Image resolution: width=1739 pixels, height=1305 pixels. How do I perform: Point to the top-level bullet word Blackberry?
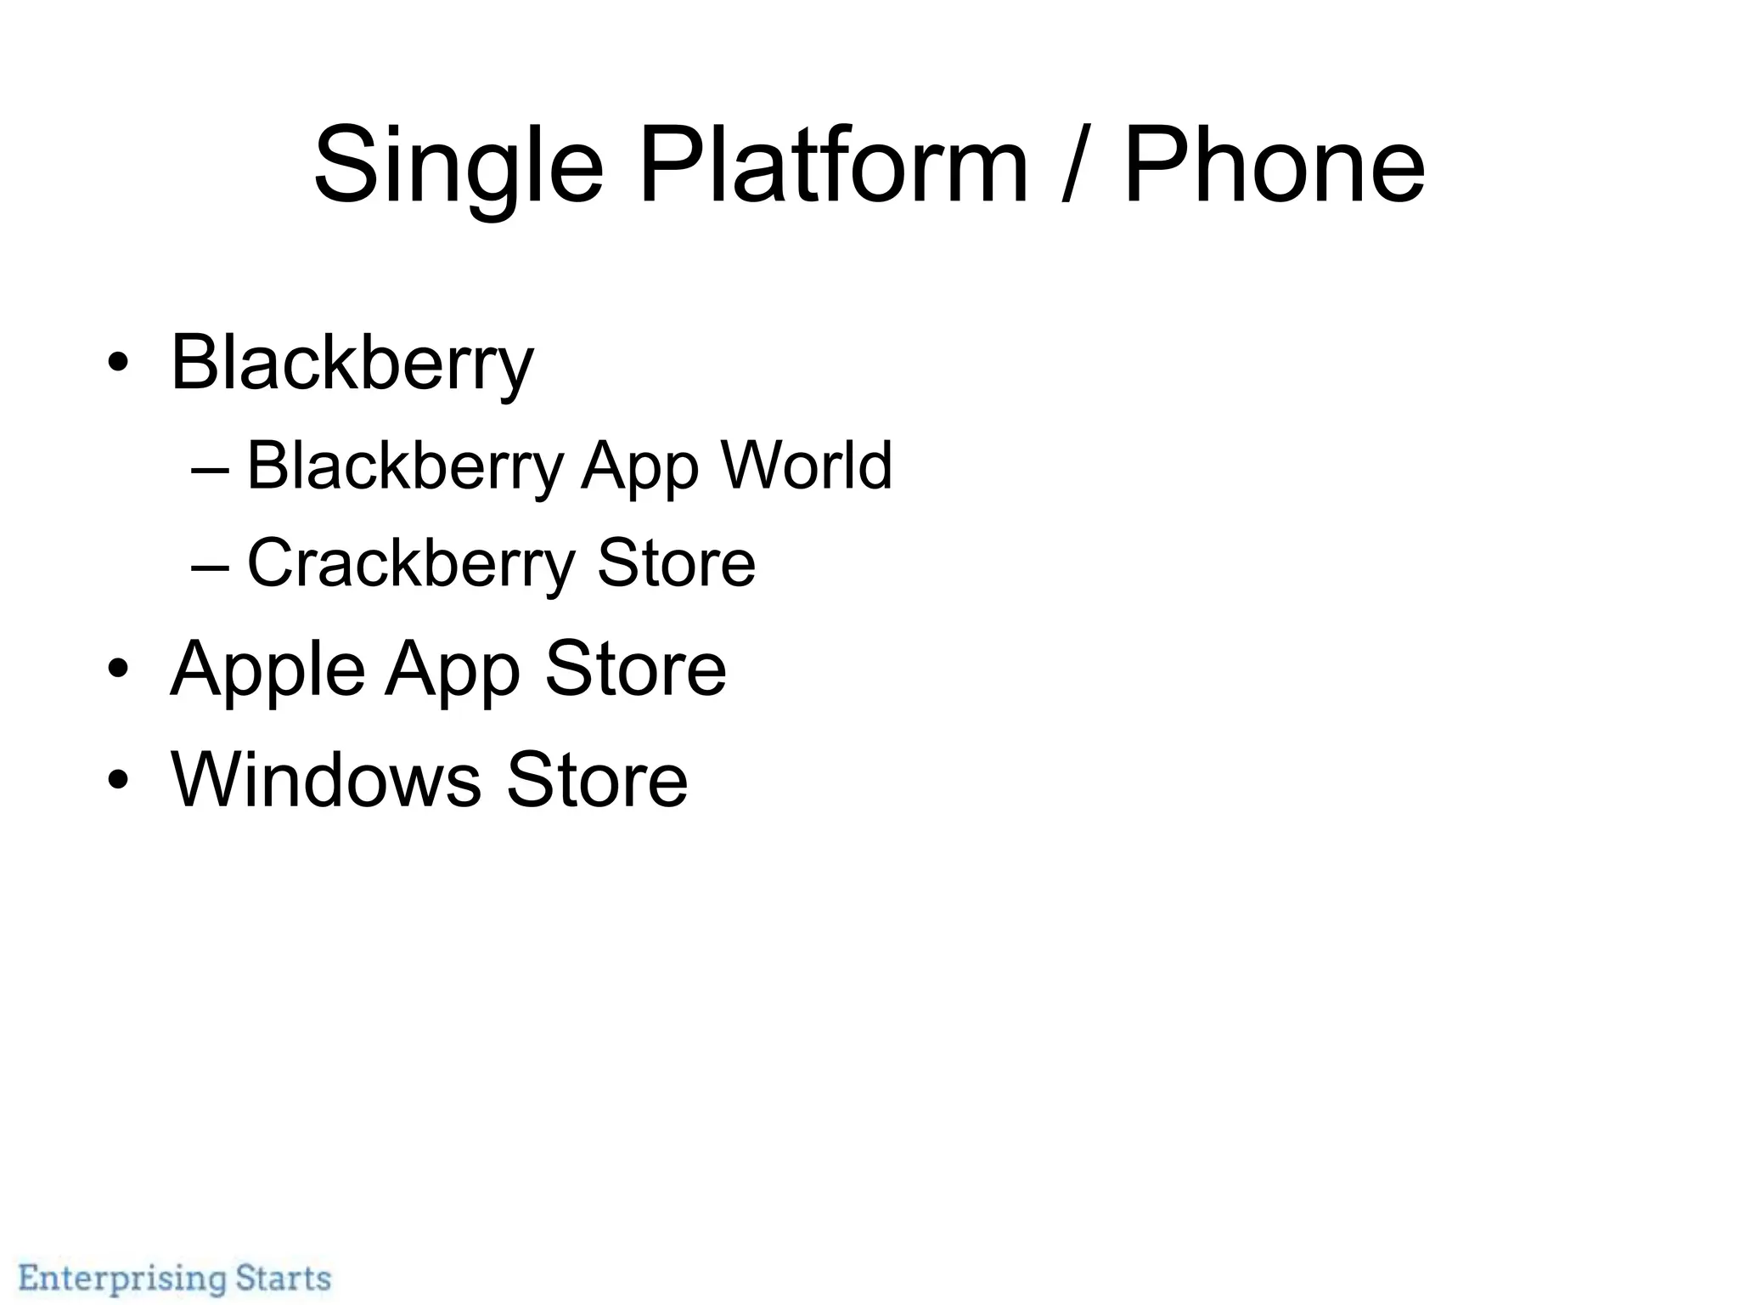point(352,364)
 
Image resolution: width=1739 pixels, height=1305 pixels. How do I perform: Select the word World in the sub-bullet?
point(807,466)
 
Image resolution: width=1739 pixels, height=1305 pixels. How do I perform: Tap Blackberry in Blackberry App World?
point(405,466)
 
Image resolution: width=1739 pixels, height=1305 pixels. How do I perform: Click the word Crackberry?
point(411,563)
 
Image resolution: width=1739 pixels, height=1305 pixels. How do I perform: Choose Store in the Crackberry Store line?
point(676,563)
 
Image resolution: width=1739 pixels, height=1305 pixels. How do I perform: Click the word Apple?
point(267,669)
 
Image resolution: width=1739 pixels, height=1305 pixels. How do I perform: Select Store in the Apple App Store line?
point(635,669)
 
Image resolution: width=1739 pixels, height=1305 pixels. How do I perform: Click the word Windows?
point(326,779)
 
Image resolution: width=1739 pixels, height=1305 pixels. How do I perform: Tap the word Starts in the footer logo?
point(283,1278)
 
